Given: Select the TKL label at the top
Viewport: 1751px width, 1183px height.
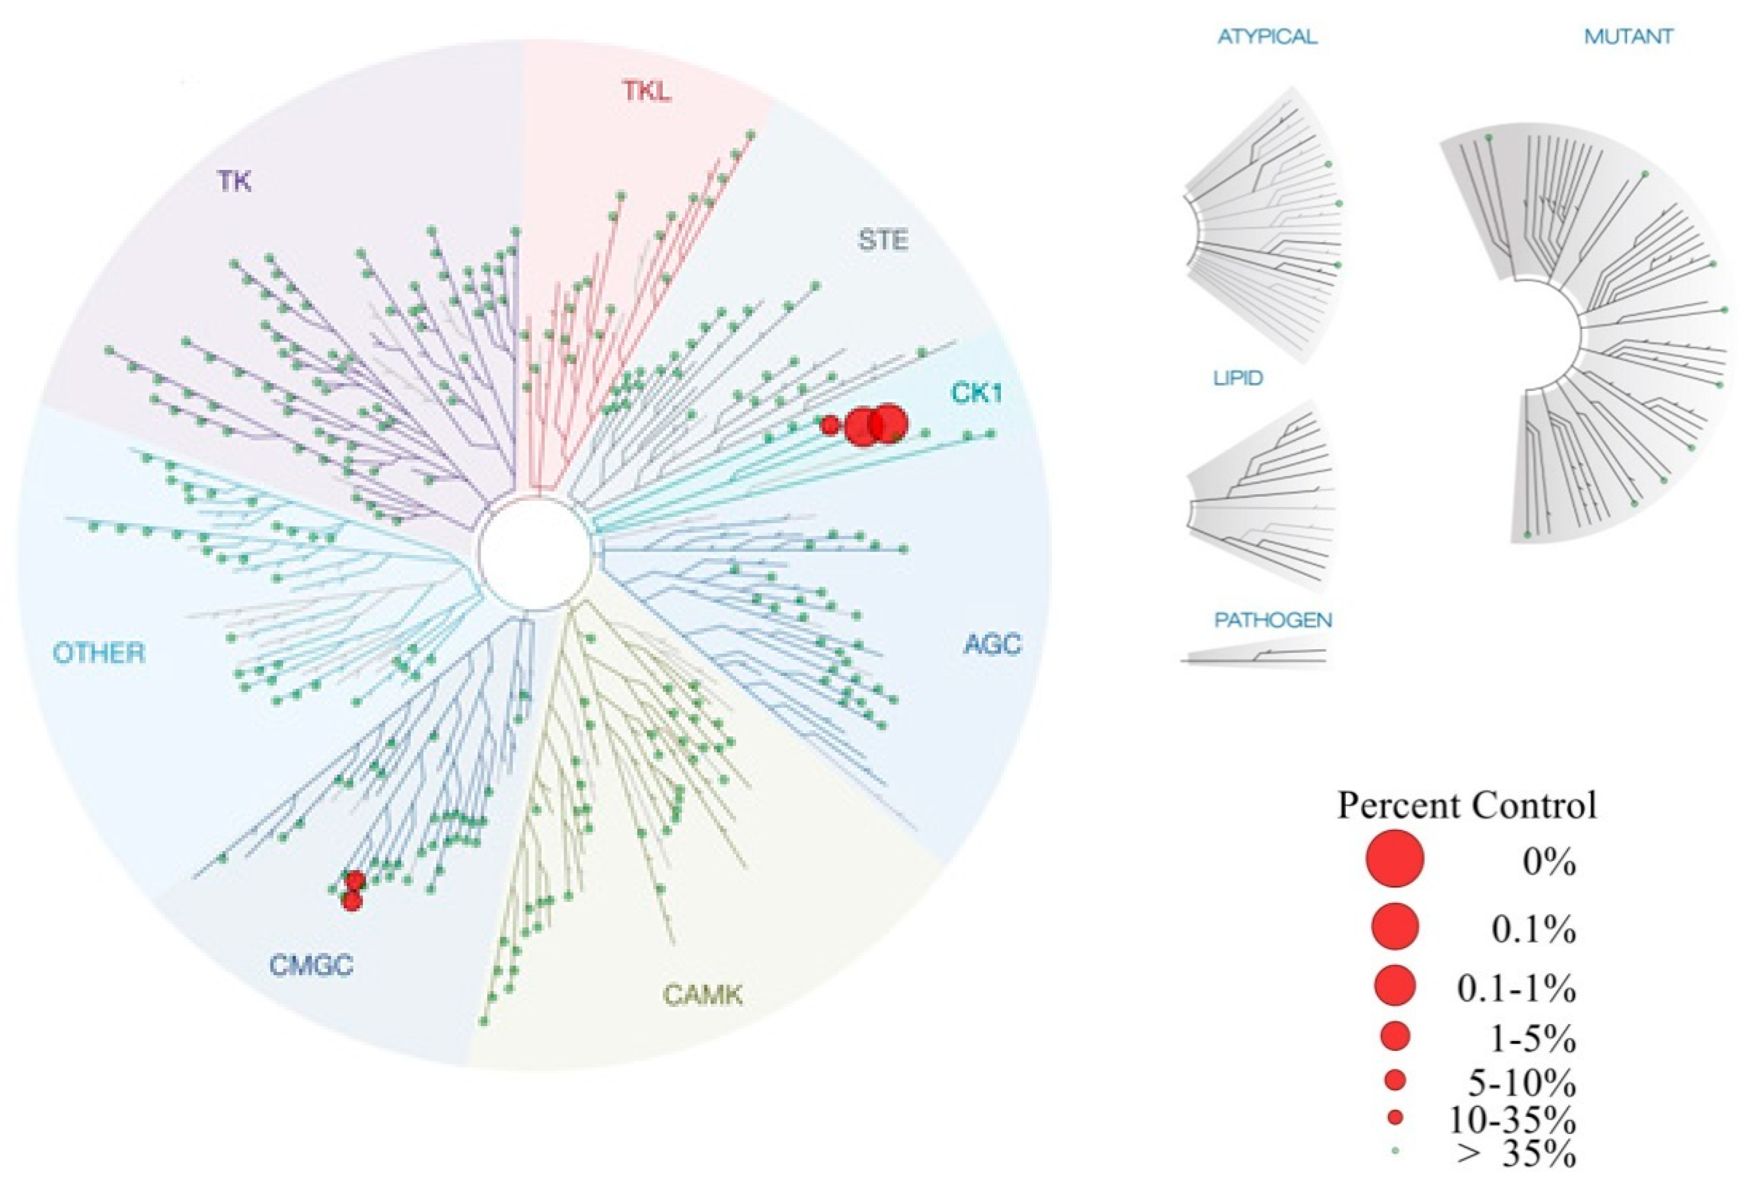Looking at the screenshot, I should (646, 91).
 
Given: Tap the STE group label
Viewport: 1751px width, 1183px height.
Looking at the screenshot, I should (883, 240).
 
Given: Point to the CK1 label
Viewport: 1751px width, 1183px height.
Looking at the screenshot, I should (977, 392).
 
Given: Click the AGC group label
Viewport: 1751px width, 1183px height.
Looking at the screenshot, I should (992, 644).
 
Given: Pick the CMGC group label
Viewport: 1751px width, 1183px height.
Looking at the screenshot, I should (311, 965).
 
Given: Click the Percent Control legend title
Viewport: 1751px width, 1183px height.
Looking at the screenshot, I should (1467, 806).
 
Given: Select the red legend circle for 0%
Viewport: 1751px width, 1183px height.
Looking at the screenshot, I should (1395, 858).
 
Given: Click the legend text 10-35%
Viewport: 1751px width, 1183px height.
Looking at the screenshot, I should (1511, 1121).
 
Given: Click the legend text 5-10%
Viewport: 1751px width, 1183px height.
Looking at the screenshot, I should (1521, 1083).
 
